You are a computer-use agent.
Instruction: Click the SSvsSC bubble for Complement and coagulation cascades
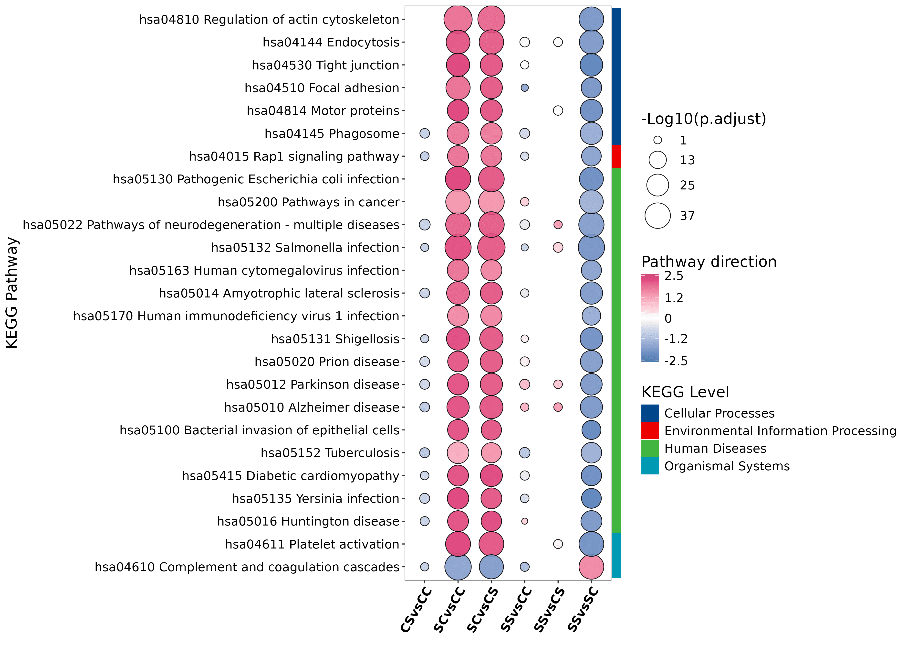tap(591, 567)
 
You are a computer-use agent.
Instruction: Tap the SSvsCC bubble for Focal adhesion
tap(524, 88)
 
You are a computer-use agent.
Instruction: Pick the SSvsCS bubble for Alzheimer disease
tap(558, 407)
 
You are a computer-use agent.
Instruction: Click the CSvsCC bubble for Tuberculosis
tap(424, 453)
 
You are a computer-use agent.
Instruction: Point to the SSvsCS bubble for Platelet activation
tap(558, 544)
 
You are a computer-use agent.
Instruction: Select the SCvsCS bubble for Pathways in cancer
tap(491, 202)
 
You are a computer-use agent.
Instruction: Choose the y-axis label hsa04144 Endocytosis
tap(331, 42)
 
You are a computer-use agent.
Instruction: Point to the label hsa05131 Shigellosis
tap(335, 339)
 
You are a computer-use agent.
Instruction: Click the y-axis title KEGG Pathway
tap(12, 293)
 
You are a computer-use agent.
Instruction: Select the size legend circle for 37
tap(658, 216)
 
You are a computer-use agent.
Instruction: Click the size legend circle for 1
tap(658, 140)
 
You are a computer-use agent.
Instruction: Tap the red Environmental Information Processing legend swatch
tap(650, 431)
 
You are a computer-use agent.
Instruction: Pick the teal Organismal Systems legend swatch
tap(650, 466)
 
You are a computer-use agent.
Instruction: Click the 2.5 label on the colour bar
tap(674, 276)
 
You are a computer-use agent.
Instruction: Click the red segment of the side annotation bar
tap(616, 156)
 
